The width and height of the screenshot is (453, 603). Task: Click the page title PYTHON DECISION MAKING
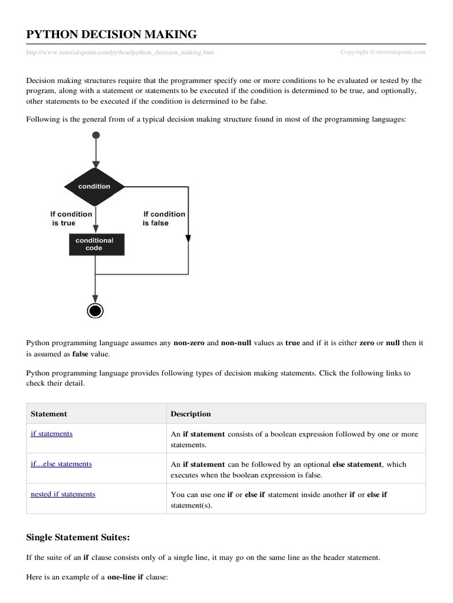click(x=112, y=34)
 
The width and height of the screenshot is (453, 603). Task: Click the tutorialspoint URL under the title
click(x=120, y=52)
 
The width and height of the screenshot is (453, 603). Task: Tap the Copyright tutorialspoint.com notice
click(x=383, y=52)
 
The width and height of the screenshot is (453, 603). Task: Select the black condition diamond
click(x=94, y=186)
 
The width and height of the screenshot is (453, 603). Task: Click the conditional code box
click(x=94, y=244)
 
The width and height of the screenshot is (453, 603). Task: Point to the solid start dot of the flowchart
click(x=94, y=135)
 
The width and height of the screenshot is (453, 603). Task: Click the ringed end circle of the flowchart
click(x=94, y=310)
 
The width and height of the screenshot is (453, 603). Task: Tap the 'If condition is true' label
click(x=71, y=218)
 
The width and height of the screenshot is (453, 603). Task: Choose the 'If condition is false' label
click(x=163, y=218)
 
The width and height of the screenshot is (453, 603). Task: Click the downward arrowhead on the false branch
click(x=188, y=238)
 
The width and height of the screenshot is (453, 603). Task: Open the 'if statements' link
click(x=51, y=433)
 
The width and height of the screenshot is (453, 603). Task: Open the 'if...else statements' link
click(x=61, y=464)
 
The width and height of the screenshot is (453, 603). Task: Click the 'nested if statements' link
click(x=63, y=494)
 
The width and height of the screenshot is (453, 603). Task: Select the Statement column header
click(x=48, y=414)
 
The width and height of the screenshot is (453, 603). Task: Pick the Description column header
click(x=191, y=414)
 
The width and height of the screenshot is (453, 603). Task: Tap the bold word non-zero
click(x=189, y=342)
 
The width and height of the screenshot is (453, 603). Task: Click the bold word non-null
click(x=238, y=342)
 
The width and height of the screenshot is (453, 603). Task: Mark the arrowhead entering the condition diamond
click(x=94, y=166)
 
